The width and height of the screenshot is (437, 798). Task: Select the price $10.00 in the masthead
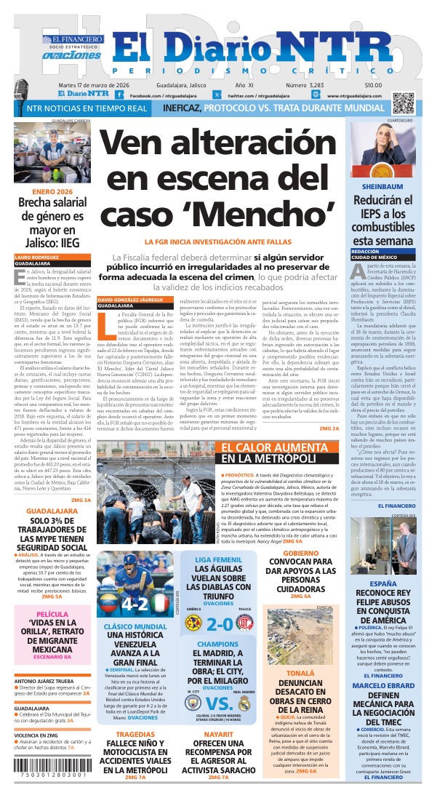click(393, 85)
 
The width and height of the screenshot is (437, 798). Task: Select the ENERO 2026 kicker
click(52, 191)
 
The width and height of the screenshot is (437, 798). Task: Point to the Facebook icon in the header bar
click(135, 95)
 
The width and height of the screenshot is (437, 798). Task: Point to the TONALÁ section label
click(300, 674)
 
